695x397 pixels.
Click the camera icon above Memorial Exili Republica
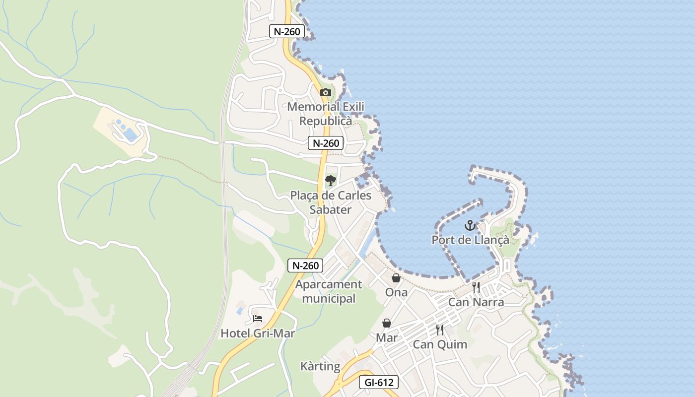pyautogui.click(x=326, y=92)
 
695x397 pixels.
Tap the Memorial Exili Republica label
pyautogui.click(x=326, y=114)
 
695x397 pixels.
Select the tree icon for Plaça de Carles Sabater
pyautogui.click(x=331, y=180)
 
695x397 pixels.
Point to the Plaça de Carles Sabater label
pyautogui.click(x=331, y=202)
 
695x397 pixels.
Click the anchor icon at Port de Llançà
pyautogui.click(x=470, y=226)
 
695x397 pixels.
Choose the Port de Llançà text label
pyautogui.click(x=470, y=240)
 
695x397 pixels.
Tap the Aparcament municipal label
pyautogui.click(x=329, y=291)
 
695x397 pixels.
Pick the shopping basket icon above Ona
pyautogui.click(x=396, y=278)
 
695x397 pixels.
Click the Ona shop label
pyautogui.click(x=396, y=292)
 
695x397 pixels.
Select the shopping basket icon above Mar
pyautogui.click(x=387, y=324)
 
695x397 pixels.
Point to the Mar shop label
pyautogui.click(x=387, y=337)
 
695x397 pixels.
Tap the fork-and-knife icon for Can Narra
pyautogui.click(x=476, y=287)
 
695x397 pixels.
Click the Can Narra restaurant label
pyautogui.click(x=476, y=302)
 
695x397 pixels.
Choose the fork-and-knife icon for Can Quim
pyautogui.click(x=440, y=330)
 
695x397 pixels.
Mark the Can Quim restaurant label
pyautogui.click(x=440, y=344)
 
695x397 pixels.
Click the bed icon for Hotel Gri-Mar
pyautogui.click(x=258, y=319)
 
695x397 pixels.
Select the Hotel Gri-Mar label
pyautogui.click(x=258, y=333)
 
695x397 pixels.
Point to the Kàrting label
pyautogui.click(x=320, y=366)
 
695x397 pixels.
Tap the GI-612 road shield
pyautogui.click(x=378, y=383)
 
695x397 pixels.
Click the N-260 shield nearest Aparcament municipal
pyautogui.click(x=305, y=265)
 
